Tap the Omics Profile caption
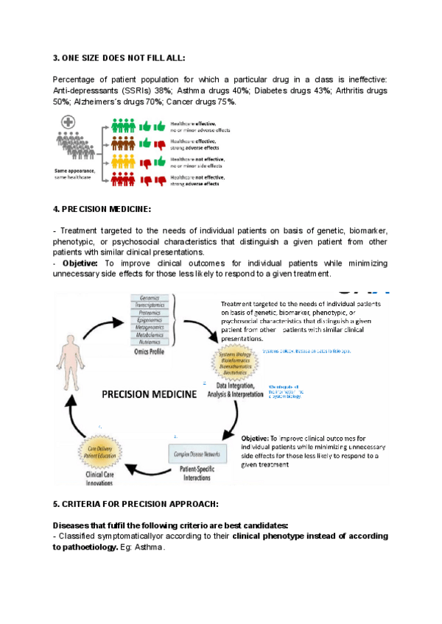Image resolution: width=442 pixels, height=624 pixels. coord(150,352)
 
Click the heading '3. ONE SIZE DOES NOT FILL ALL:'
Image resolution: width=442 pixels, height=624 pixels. coord(119,57)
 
